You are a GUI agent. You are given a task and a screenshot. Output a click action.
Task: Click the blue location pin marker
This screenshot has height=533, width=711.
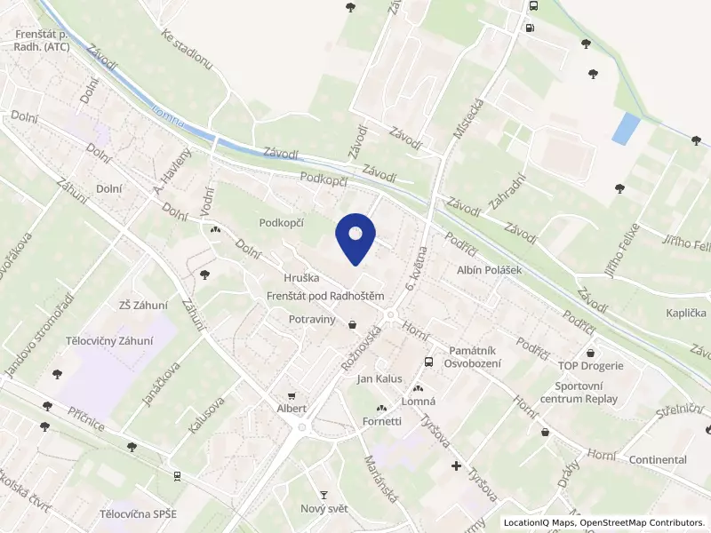click(x=355, y=236)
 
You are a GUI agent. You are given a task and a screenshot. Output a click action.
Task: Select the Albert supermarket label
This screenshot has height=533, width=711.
click(x=292, y=409)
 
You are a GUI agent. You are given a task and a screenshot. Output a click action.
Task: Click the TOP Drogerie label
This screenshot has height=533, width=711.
click(x=591, y=365)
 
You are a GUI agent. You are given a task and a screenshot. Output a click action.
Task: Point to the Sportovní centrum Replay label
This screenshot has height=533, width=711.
click(x=586, y=392)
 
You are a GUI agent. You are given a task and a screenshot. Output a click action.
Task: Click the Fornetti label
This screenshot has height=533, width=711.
click(x=382, y=421)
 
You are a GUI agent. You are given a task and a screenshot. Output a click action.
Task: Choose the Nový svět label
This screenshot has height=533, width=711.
click(x=324, y=509)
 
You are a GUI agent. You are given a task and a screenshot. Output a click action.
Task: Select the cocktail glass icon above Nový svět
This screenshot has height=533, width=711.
click(x=324, y=494)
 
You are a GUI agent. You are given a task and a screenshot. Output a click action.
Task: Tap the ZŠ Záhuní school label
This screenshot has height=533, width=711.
click(x=143, y=305)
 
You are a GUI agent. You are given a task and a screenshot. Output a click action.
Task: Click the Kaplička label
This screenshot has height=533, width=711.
click(x=685, y=313)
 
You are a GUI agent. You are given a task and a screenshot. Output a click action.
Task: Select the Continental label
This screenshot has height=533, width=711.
click(x=657, y=459)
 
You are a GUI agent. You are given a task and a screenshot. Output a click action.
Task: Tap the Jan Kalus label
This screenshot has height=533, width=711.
click(x=379, y=379)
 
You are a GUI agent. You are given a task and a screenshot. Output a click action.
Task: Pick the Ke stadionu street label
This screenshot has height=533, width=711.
click(x=188, y=49)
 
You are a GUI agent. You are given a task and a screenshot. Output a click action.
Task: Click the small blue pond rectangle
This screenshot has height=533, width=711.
click(x=625, y=128)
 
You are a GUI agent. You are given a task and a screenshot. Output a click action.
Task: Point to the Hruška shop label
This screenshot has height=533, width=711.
click(x=301, y=278)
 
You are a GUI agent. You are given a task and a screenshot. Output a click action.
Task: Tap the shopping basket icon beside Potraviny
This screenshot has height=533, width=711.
click(x=354, y=324)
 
